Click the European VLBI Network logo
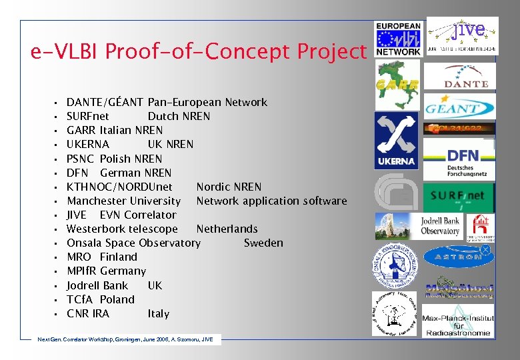[398, 38]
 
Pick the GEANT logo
[460, 107]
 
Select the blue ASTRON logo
[459, 255]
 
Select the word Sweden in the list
[263, 243]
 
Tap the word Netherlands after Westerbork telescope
[227, 229]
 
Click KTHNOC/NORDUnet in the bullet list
[119, 187]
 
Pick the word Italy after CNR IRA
[159, 314]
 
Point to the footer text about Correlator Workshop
[126, 340]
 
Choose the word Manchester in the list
[97, 201]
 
